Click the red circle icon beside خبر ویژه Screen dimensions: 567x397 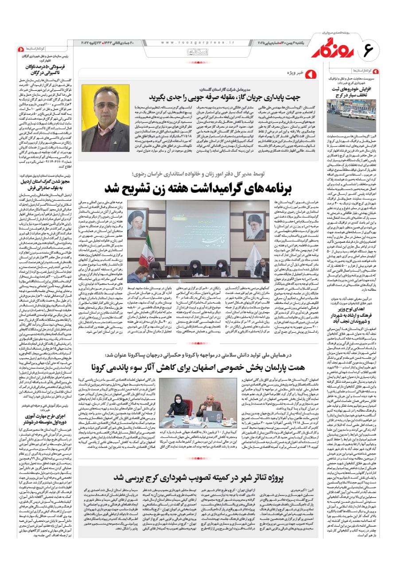(311, 73)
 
